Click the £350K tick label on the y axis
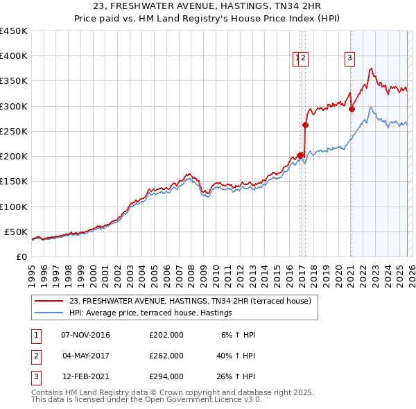click(x=13, y=81)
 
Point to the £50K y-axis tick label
click(x=16, y=232)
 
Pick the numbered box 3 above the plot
click(x=349, y=59)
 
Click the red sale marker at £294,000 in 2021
click(x=352, y=109)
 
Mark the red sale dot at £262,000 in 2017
click(x=305, y=125)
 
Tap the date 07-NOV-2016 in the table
click(x=86, y=335)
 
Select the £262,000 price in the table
click(x=166, y=356)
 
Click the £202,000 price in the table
click(x=166, y=335)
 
